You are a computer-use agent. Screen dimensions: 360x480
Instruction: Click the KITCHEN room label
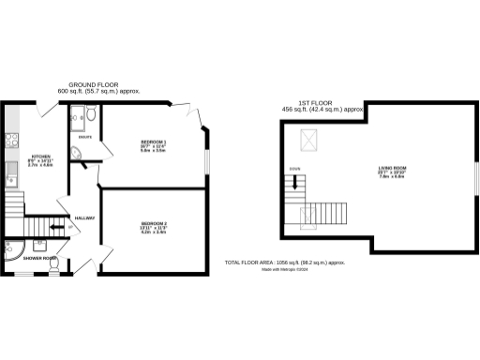click(x=41, y=156)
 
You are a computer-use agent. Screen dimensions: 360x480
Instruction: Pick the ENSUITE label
click(x=83, y=137)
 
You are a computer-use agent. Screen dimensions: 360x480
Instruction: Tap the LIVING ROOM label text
click(x=393, y=169)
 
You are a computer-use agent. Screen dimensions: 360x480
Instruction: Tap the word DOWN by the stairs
click(x=295, y=169)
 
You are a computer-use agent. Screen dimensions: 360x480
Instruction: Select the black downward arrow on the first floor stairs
click(x=295, y=183)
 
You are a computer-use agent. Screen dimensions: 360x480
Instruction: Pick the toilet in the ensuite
click(x=90, y=117)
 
